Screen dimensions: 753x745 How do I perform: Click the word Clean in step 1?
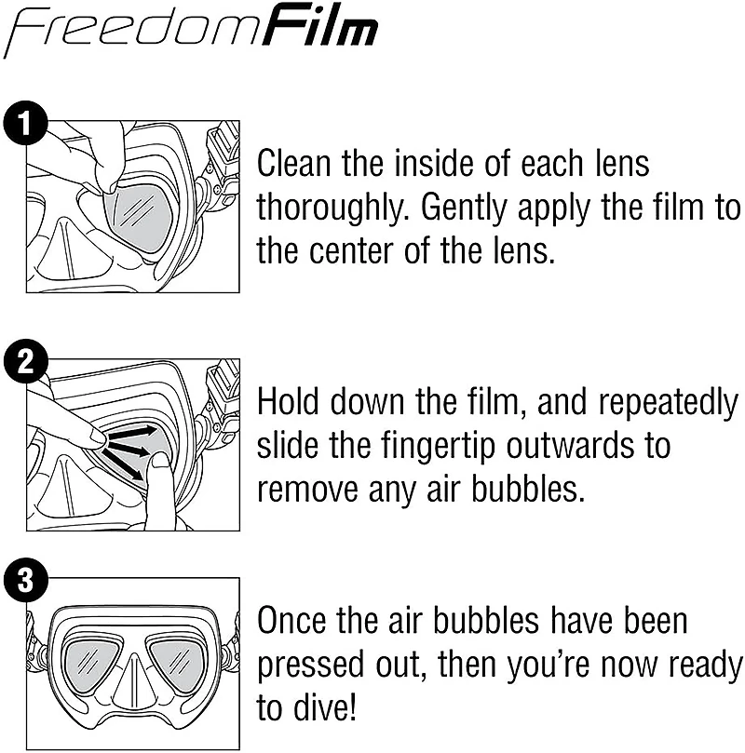coord(293,164)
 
